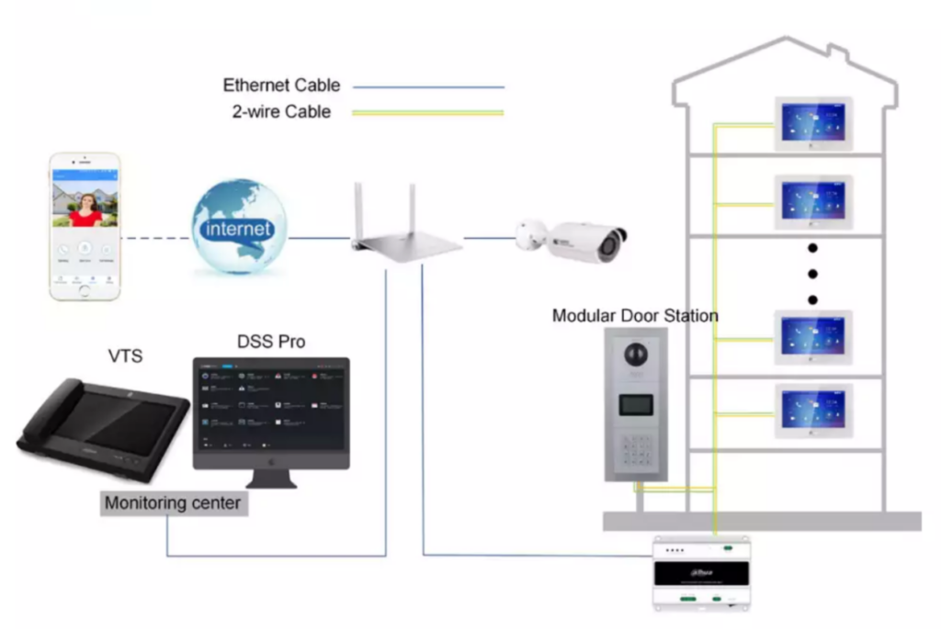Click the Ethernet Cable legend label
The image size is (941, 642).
point(281,85)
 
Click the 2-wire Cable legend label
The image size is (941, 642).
point(281,112)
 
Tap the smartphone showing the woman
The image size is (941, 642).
point(85,226)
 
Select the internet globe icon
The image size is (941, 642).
point(240,227)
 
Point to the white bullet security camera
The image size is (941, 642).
point(572,240)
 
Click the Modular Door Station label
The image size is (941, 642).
point(635,316)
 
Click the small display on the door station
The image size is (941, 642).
point(635,404)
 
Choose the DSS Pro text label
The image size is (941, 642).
point(271,343)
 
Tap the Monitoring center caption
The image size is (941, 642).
point(175,503)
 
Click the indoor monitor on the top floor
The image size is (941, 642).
point(813,123)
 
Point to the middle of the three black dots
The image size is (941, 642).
point(812,274)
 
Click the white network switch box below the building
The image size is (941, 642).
point(701,573)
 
